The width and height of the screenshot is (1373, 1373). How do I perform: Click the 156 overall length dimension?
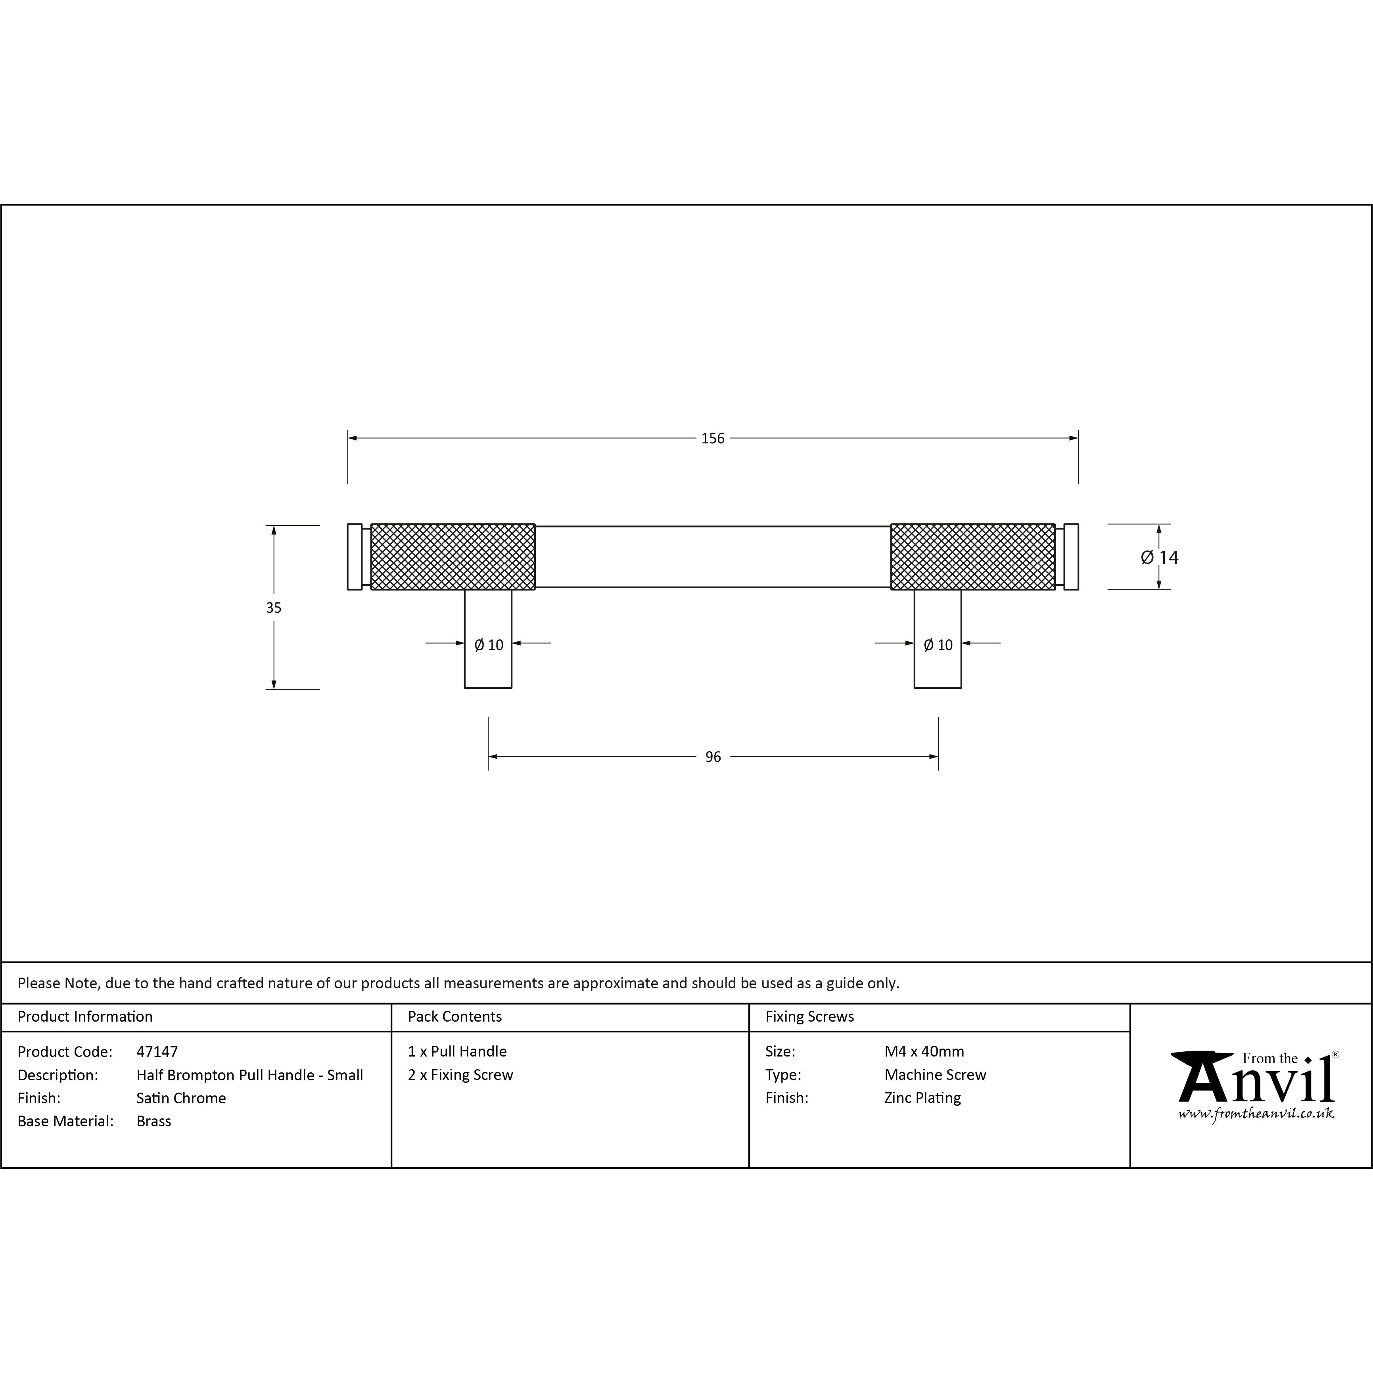click(713, 439)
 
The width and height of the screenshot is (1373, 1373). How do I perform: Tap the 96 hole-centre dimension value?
click(713, 757)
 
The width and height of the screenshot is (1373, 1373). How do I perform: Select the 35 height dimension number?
click(274, 608)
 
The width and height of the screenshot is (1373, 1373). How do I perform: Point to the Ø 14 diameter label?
click(1160, 558)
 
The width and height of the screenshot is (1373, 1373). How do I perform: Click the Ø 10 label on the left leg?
click(489, 644)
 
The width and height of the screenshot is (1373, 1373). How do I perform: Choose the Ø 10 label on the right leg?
click(938, 644)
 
